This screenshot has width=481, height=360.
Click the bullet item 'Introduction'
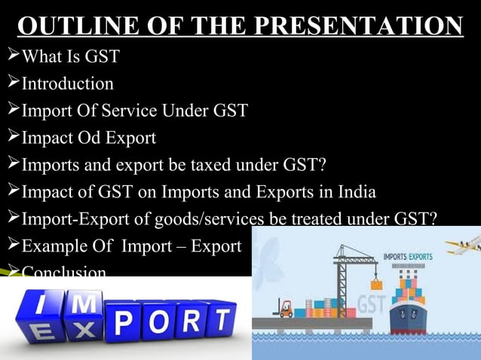click(67, 83)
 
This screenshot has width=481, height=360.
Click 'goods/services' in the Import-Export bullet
click(204, 219)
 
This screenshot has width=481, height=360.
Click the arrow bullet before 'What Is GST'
click(11, 56)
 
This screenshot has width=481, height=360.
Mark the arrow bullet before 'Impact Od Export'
click(11, 138)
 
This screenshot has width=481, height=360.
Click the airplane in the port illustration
click(462, 246)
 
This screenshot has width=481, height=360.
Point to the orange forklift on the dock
click(286, 307)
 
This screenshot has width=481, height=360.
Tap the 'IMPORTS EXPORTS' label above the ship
click(408, 257)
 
